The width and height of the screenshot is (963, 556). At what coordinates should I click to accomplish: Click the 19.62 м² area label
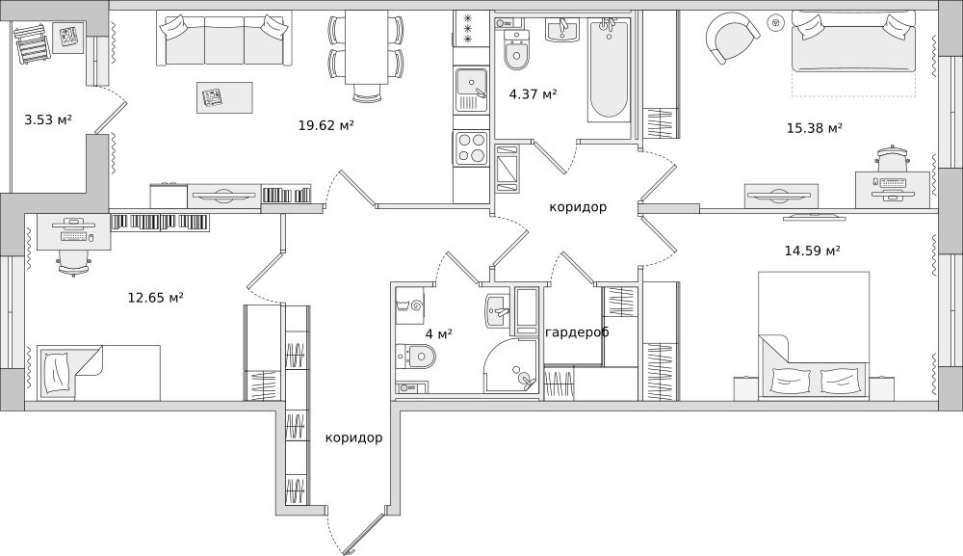(x=326, y=125)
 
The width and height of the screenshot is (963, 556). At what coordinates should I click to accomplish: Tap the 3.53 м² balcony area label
(x=48, y=119)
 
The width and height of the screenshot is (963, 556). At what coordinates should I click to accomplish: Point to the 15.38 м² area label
(x=815, y=128)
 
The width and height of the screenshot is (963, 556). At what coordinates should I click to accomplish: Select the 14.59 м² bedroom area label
(x=812, y=250)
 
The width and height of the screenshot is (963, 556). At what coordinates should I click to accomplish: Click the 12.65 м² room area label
(x=155, y=298)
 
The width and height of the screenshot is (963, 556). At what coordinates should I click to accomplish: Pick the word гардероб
(x=577, y=332)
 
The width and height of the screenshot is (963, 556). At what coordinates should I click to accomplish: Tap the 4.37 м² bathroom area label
(x=534, y=94)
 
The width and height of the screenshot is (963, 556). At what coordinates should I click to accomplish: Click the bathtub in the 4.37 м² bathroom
(x=609, y=69)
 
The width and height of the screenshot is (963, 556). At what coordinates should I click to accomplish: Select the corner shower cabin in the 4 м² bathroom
(x=511, y=365)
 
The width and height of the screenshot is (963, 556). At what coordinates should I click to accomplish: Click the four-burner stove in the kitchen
(x=471, y=148)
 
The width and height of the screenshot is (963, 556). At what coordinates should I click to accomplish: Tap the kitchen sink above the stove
(x=471, y=90)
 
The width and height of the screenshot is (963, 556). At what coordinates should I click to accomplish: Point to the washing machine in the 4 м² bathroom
(x=409, y=304)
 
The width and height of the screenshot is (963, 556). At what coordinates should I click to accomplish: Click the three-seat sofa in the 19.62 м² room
(x=224, y=40)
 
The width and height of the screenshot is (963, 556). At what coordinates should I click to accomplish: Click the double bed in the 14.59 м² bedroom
(x=813, y=335)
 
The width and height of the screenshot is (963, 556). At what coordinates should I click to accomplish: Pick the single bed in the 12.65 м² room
(x=98, y=372)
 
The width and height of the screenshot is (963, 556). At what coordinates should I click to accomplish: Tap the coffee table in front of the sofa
(x=224, y=97)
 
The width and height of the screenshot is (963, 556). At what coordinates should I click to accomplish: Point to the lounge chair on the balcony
(x=31, y=42)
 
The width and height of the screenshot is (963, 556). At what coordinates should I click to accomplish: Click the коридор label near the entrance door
(x=353, y=437)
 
